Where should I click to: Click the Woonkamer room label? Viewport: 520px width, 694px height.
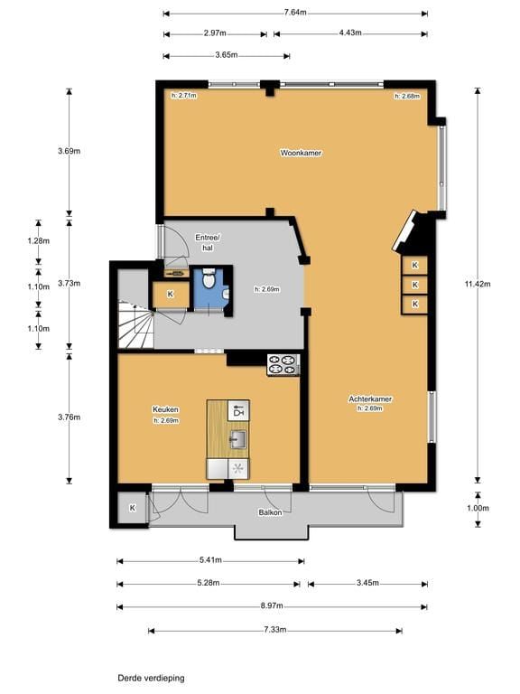pyautogui.click(x=301, y=153)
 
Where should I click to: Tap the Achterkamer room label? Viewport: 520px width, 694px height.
pyautogui.click(x=370, y=399)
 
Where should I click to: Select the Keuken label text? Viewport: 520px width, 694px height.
pyautogui.click(x=165, y=409)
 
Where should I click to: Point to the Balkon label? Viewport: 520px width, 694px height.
pyautogui.click(x=270, y=512)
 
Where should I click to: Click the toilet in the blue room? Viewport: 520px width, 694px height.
pyautogui.click(x=208, y=279)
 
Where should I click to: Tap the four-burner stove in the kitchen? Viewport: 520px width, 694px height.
pyautogui.click(x=283, y=364)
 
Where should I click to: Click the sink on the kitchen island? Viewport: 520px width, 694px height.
pyautogui.click(x=238, y=439)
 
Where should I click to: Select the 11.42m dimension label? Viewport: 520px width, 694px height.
pyautogui.click(x=477, y=284)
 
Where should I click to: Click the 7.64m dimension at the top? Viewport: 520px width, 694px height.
pyautogui.click(x=295, y=13)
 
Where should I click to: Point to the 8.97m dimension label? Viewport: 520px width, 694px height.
pyautogui.click(x=272, y=606)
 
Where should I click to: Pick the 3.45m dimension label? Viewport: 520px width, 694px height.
pyautogui.click(x=367, y=583)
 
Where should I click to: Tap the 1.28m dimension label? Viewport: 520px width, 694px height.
pyautogui.click(x=39, y=241)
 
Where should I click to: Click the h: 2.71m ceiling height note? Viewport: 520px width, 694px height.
pyautogui.click(x=184, y=95)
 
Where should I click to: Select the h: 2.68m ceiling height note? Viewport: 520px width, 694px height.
pyautogui.click(x=407, y=96)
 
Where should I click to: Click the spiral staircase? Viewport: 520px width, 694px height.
pyautogui.click(x=135, y=324)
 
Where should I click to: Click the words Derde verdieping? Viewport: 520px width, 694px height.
pyautogui.click(x=152, y=678)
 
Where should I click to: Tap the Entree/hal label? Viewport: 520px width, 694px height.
pyautogui.click(x=208, y=242)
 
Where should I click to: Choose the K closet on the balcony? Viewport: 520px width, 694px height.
pyautogui.click(x=132, y=508)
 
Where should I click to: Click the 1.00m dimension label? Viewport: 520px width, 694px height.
pyautogui.click(x=478, y=508)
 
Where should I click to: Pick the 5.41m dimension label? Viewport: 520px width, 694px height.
pyautogui.click(x=210, y=560)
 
